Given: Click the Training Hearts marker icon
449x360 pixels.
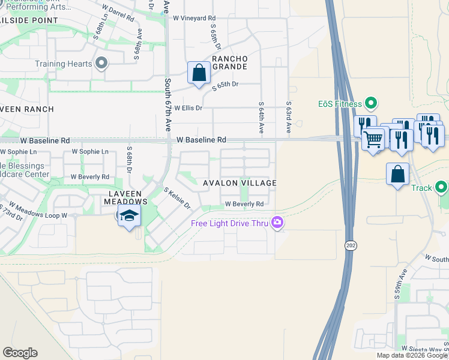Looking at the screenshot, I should (x=101, y=64).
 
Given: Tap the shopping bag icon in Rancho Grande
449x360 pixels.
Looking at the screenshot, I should (x=198, y=73).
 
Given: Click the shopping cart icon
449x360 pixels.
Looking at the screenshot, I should (x=373, y=140).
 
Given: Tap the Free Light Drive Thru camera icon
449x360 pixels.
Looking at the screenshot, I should (x=277, y=223).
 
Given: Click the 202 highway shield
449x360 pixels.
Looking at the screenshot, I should (x=351, y=245).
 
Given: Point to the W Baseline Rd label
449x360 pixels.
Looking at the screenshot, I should (x=202, y=139).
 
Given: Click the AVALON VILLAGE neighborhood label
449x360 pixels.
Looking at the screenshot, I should (x=239, y=183).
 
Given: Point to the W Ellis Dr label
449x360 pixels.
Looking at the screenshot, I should (x=188, y=108).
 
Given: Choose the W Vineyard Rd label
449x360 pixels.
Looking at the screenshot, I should (x=194, y=18).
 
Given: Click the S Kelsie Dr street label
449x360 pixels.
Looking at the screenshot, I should (x=176, y=198).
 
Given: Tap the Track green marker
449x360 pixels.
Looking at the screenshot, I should (x=442, y=188).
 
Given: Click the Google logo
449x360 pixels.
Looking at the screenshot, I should (x=20, y=352).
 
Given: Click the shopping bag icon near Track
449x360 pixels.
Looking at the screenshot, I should (x=397, y=175).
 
